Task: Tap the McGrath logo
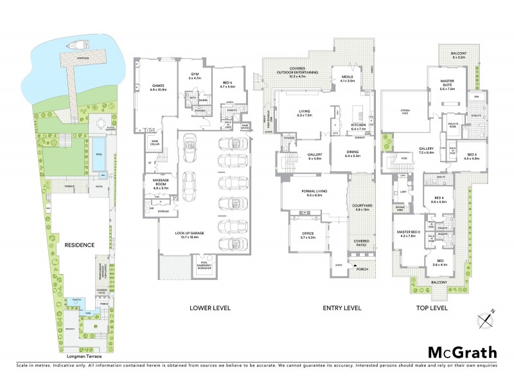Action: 462,352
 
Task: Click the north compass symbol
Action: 486,317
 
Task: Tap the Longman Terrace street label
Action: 84,356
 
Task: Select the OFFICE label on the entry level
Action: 308,235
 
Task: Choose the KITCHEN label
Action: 358,127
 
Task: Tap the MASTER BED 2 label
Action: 408,233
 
